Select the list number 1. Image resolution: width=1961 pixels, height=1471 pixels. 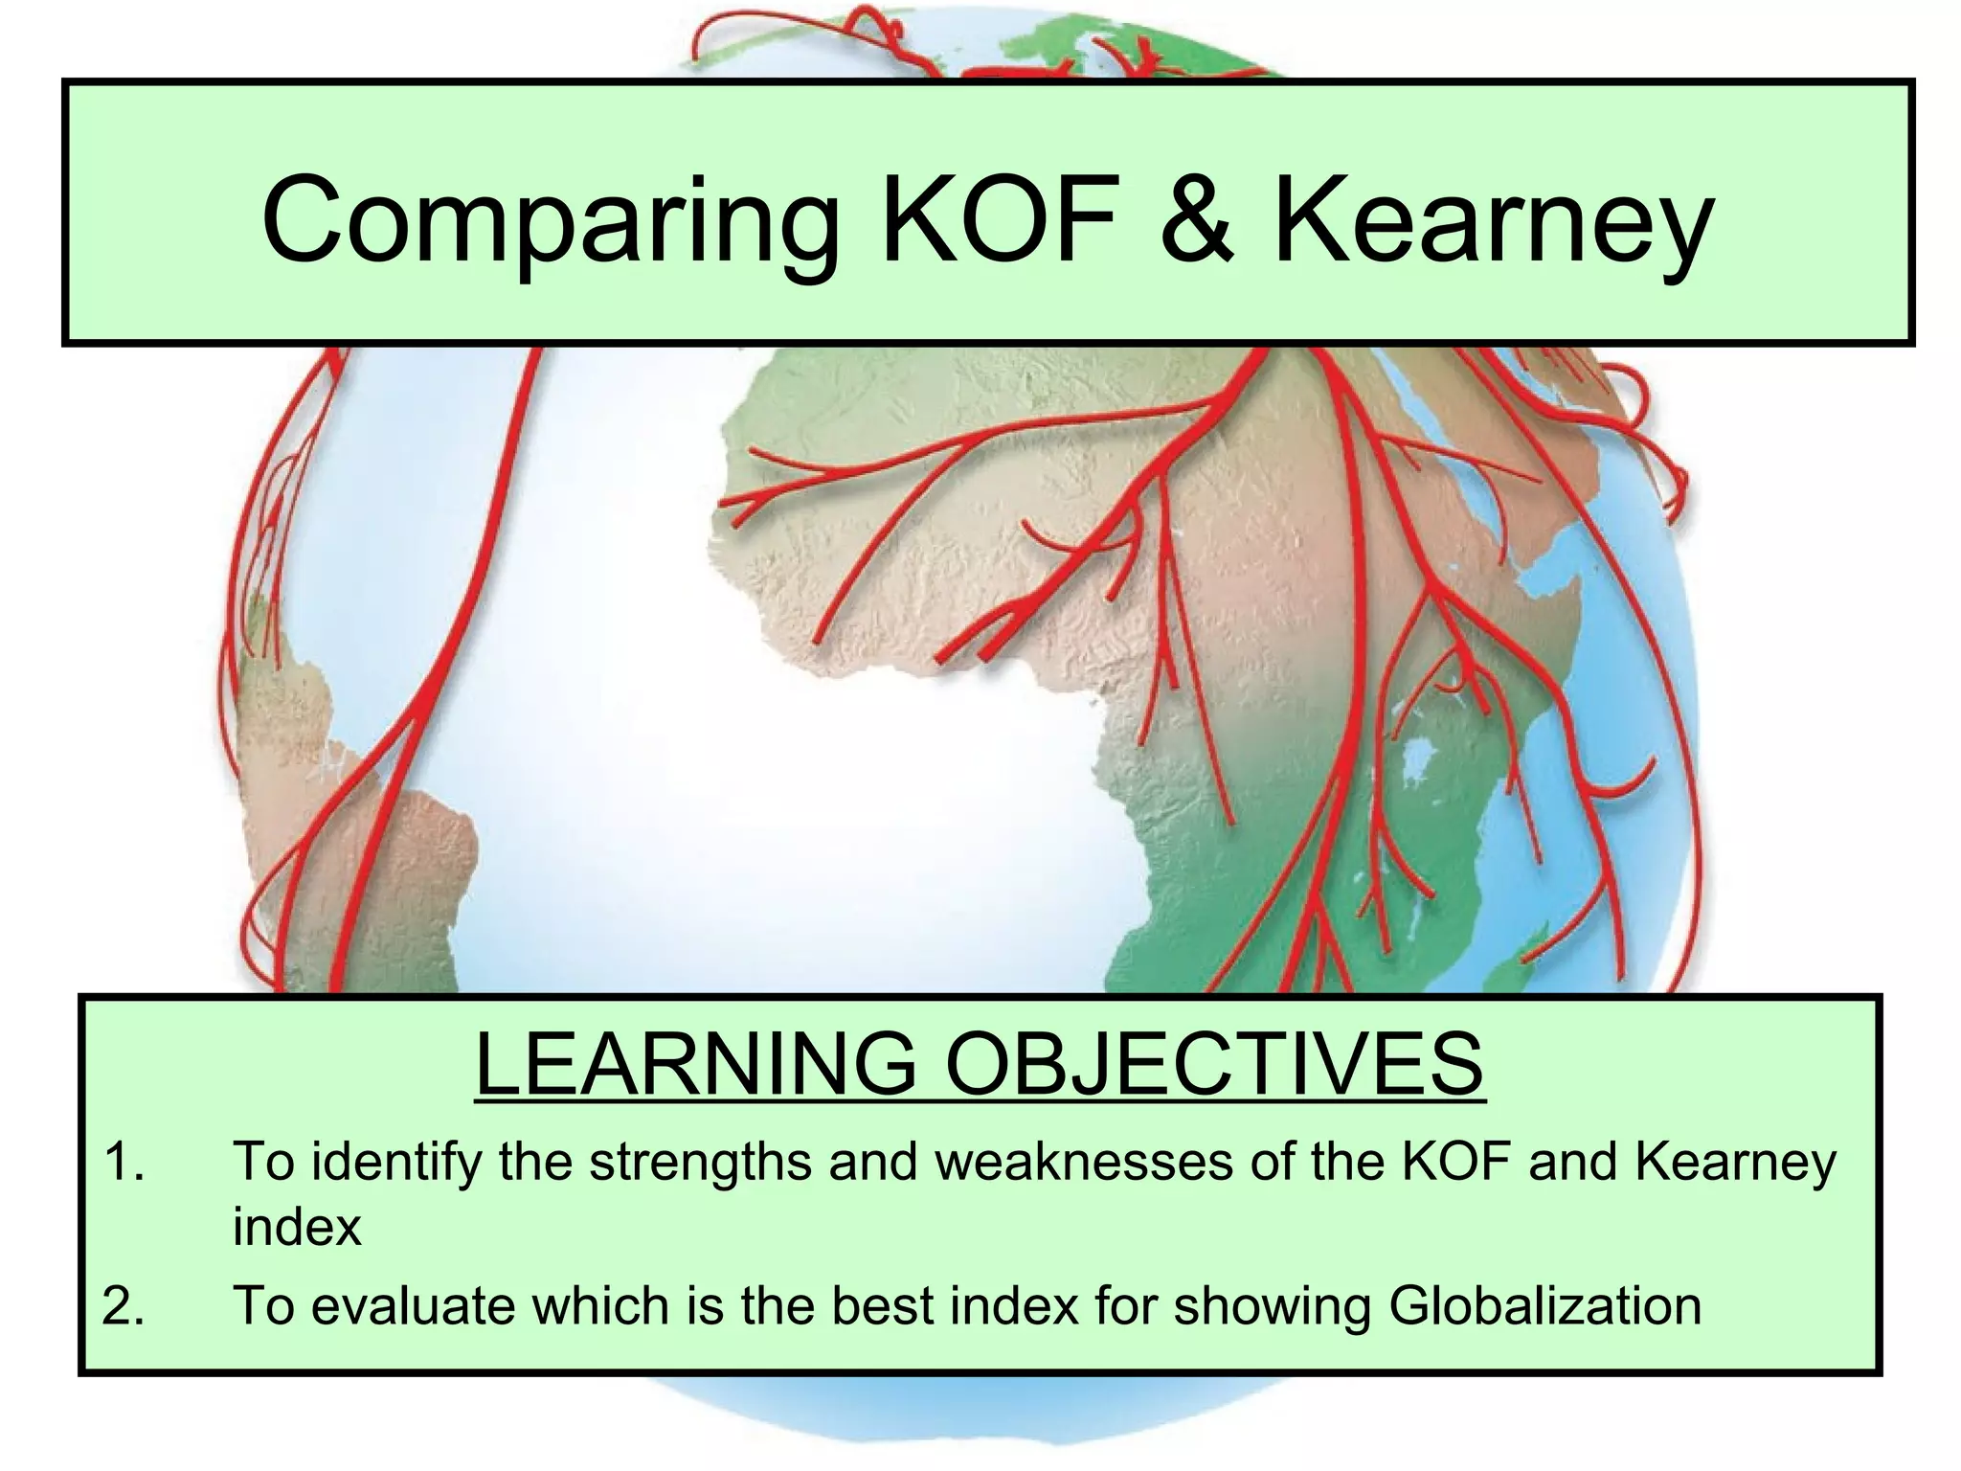(x=124, y=1162)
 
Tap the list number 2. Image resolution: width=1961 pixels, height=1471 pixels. (x=124, y=1305)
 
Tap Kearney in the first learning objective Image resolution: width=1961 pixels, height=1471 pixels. (x=1734, y=1163)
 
